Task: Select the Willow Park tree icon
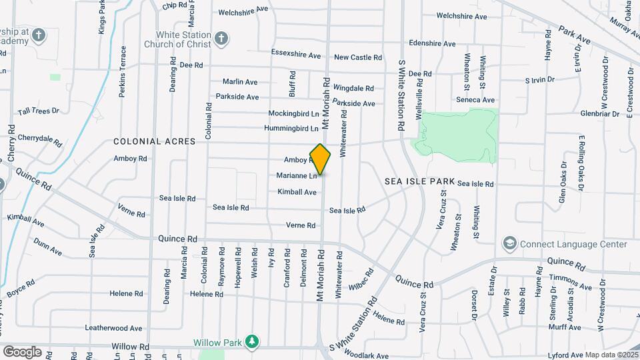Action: click(251, 342)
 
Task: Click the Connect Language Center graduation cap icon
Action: click(510, 244)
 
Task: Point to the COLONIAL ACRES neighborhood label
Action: click(154, 142)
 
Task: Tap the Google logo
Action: click(22, 351)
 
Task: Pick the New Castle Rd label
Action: click(358, 58)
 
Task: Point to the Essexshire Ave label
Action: click(296, 53)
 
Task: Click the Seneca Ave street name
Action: click(475, 100)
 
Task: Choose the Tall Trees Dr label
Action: click(39, 111)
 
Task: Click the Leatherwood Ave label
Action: click(113, 328)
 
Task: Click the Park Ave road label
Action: click(575, 35)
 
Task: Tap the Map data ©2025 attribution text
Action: click(611, 354)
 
